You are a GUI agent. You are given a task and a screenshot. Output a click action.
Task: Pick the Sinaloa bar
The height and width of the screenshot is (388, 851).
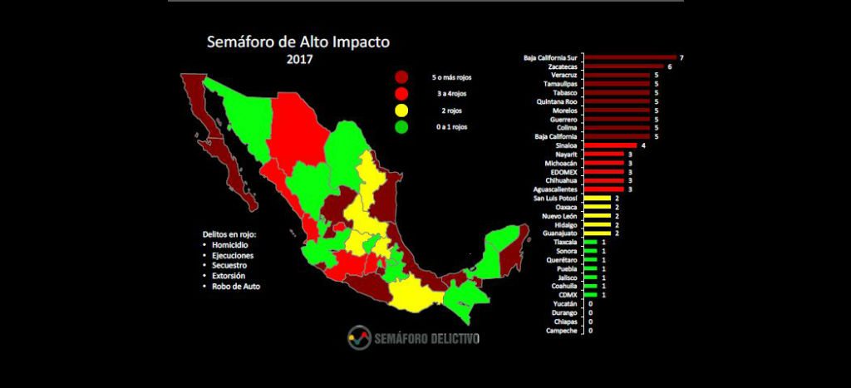tap(610, 145)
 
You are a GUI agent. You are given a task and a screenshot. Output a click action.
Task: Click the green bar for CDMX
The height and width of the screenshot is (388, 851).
tap(590, 295)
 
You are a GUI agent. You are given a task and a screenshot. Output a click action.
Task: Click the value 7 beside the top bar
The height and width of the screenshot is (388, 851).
tap(681, 57)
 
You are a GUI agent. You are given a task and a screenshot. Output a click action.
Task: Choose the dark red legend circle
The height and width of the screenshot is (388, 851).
tap(402, 77)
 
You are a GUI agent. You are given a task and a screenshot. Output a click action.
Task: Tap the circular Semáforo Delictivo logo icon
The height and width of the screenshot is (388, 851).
tap(360, 336)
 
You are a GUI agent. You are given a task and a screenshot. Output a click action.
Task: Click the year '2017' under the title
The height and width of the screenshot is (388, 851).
tap(298, 60)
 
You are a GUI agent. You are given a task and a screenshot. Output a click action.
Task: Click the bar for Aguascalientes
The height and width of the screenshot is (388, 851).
tap(603, 189)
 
